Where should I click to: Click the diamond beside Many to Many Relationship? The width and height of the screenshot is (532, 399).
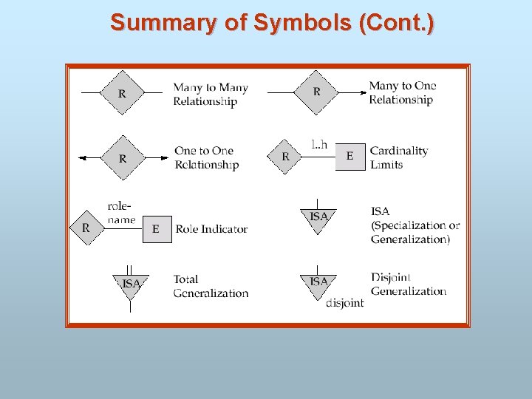[x=122, y=93]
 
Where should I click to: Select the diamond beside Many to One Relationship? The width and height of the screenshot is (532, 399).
[x=317, y=92]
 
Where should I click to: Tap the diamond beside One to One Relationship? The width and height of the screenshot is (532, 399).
[x=123, y=157]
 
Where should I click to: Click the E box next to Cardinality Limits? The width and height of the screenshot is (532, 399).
[x=350, y=156]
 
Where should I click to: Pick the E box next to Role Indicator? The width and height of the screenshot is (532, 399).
[x=156, y=229]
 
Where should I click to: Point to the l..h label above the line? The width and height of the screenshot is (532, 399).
[x=319, y=145]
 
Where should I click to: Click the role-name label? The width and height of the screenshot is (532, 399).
[x=121, y=213]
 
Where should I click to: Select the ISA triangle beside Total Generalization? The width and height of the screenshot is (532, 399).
[x=131, y=284]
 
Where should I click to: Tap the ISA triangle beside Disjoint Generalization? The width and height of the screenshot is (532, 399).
[x=318, y=283]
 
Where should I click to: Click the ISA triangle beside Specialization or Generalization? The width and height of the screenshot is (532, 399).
[x=318, y=217]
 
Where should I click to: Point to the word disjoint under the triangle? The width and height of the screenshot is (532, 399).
[x=344, y=303]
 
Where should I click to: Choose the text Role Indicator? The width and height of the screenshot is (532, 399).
[x=211, y=229]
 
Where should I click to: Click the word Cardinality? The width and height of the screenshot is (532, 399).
[x=399, y=151]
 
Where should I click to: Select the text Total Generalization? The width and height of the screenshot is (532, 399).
[x=211, y=286]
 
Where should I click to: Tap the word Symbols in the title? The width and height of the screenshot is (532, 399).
[x=302, y=23]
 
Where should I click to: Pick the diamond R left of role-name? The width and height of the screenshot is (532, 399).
[x=86, y=228]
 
